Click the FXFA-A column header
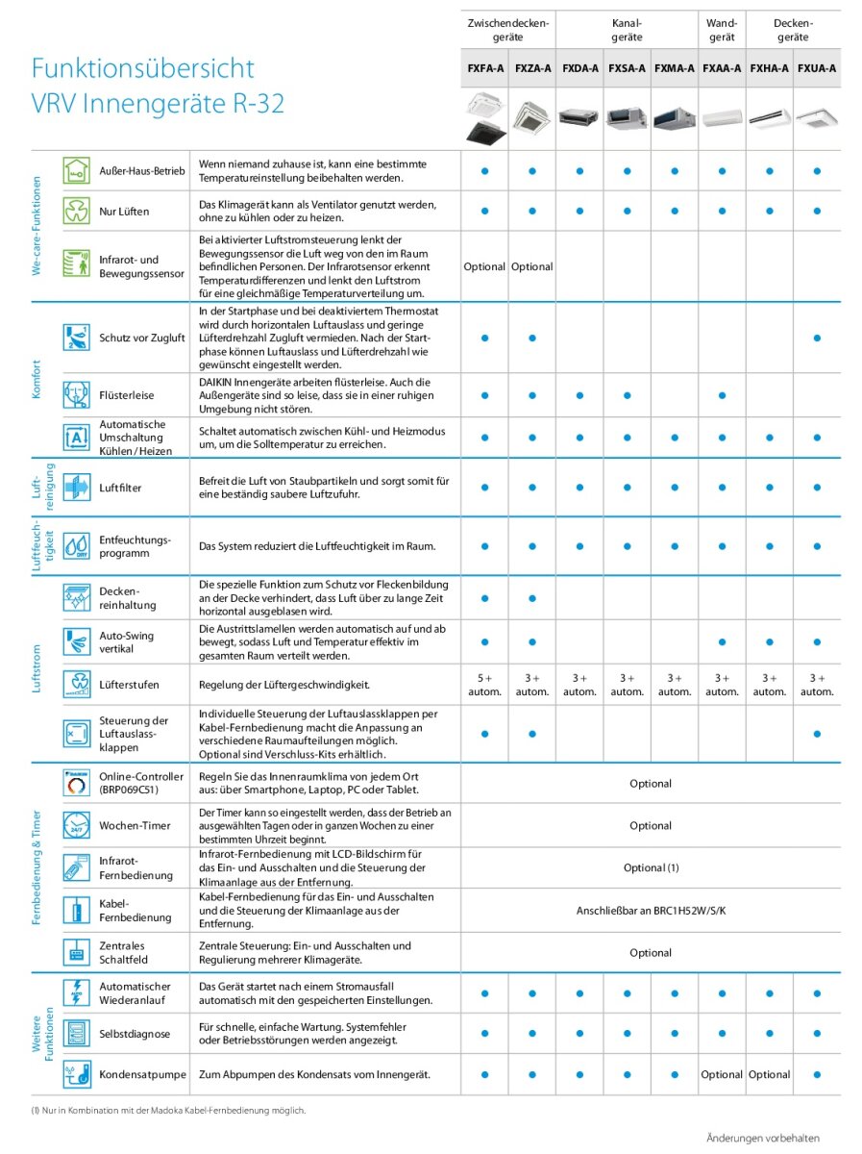pyautogui.click(x=484, y=68)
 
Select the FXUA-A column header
pyautogui.click(x=817, y=68)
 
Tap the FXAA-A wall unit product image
pyautogui.click(x=722, y=116)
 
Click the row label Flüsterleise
pyautogui.click(x=126, y=395)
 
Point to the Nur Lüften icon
pyautogui.click(x=75, y=211)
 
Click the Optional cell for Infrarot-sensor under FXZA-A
pyautogui.click(x=531, y=266)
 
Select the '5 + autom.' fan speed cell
pyautogui.click(x=484, y=685)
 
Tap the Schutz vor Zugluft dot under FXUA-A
pyautogui.click(x=817, y=338)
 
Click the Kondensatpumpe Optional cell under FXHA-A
pyautogui.click(x=769, y=1074)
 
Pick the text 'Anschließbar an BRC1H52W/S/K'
pyautogui.click(x=651, y=910)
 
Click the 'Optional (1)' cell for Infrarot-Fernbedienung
pyautogui.click(x=651, y=867)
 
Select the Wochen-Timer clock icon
pyautogui.click(x=75, y=825)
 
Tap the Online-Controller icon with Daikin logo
pyautogui.click(x=75, y=783)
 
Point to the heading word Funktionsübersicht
pyautogui.click(x=142, y=68)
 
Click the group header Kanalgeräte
pyautogui.click(x=627, y=30)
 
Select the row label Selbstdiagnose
pyautogui.click(x=135, y=1034)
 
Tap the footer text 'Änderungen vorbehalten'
pyautogui.click(x=763, y=1138)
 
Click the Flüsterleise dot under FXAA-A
pyautogui.click(x=722, y=395)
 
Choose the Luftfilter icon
pyautogui.click(x=75, y=488)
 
